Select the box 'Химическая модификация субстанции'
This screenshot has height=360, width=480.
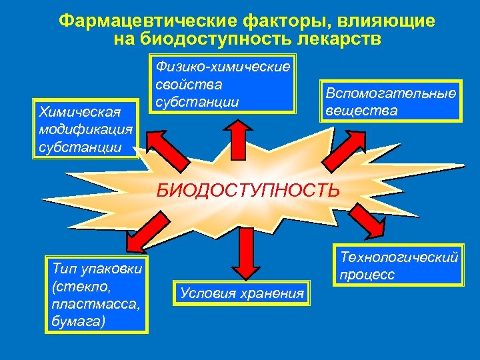85,129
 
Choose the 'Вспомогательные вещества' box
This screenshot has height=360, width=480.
391,101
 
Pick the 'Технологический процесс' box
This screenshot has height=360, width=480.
398,265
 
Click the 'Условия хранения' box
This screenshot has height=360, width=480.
242,293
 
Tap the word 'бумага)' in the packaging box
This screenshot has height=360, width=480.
77,321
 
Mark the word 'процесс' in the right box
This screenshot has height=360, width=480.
367,274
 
